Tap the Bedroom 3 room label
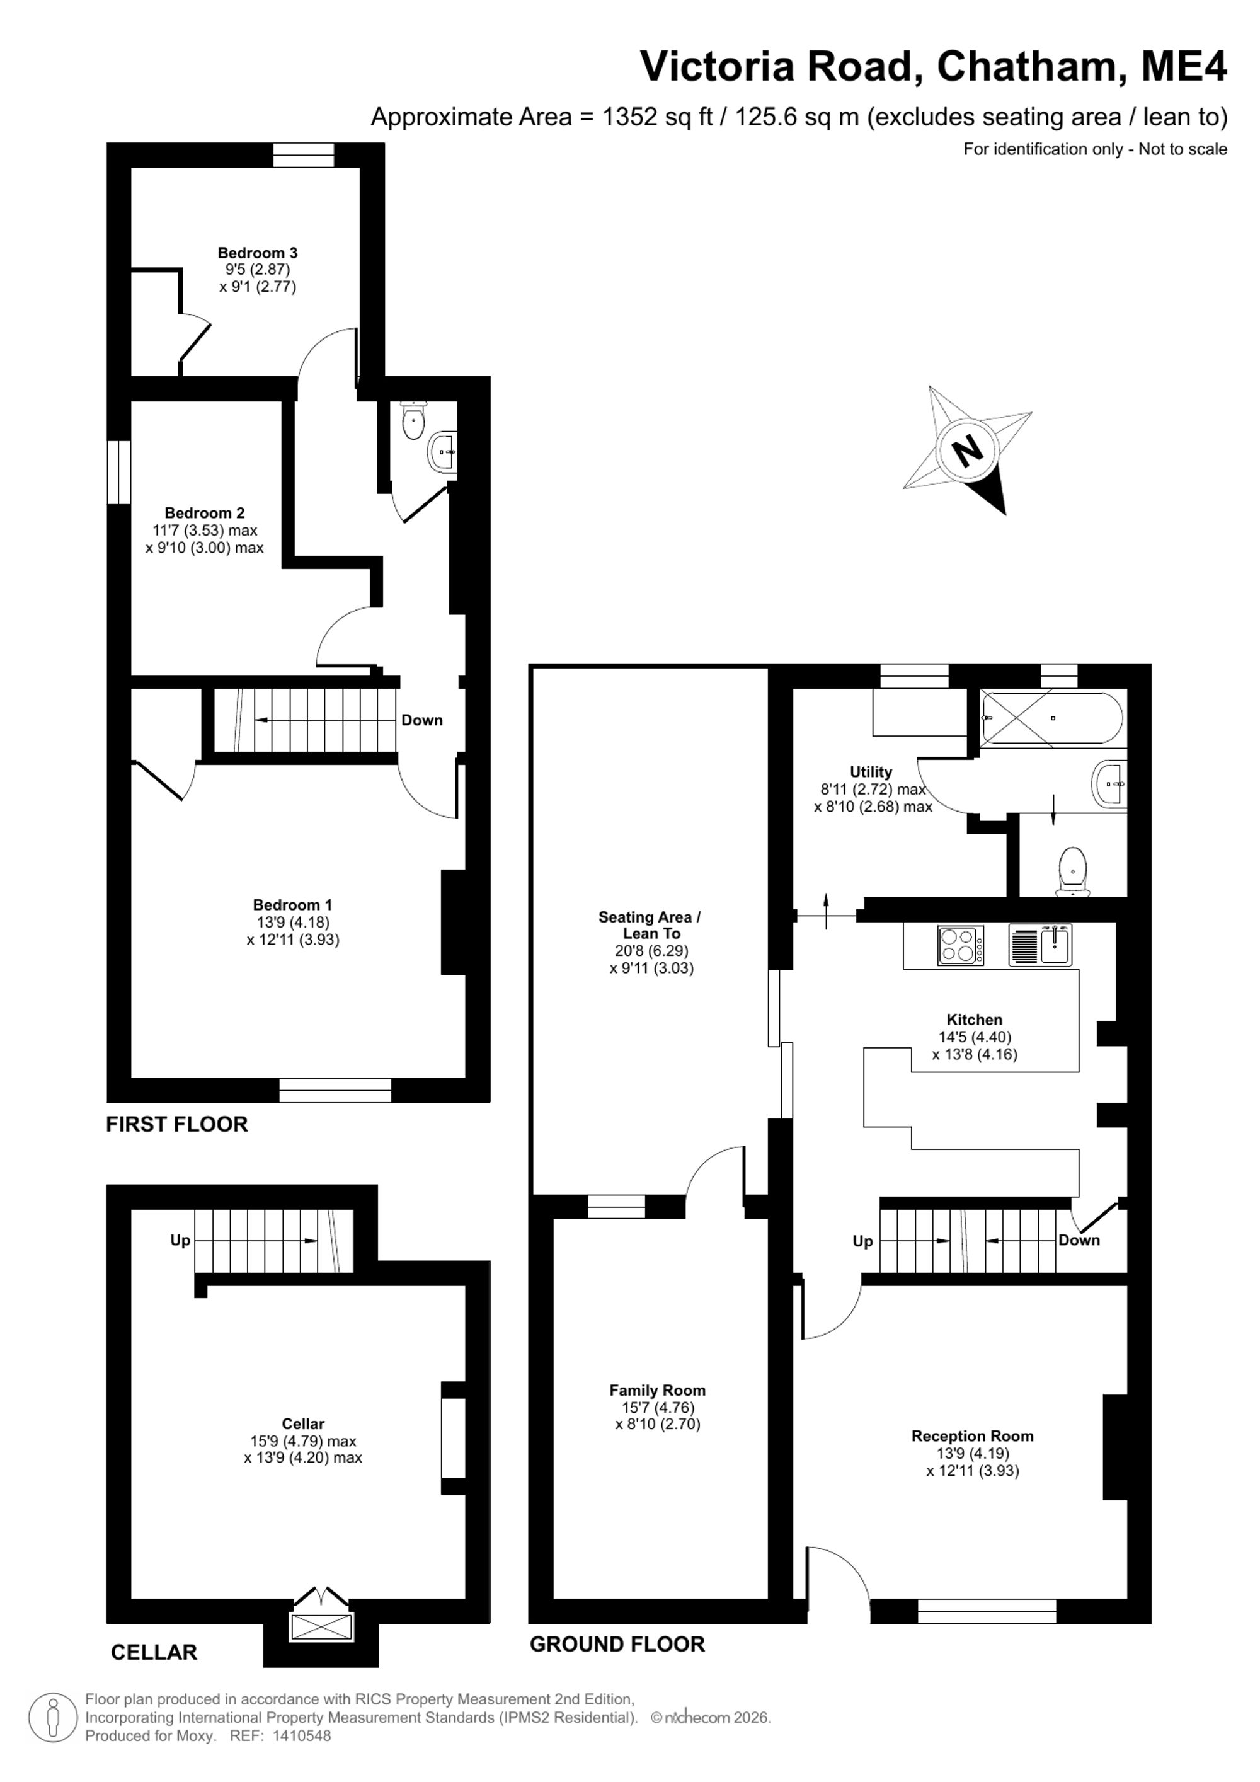pos(258,253)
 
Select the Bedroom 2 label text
pos(205,513)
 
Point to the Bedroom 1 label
pos(292,905)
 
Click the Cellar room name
pos(302,1423)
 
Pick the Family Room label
pos(657,1390)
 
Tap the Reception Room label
pos(972,1436)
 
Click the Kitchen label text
pos(975,1020)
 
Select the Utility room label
pos(871,773)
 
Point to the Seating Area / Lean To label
pos(650,925)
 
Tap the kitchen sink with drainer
pos(1040,945)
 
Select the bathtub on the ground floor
pos(1050,719)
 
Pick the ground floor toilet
pos(1072,871)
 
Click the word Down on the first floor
pos(422,720)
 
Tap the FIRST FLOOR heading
pos(177,1125)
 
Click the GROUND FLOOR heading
pos(617,1644)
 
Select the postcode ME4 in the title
pos(1184,66)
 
